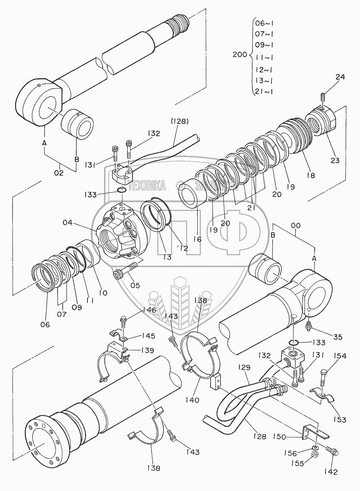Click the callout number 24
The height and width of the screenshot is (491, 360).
340,77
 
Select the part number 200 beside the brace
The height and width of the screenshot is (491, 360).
240,55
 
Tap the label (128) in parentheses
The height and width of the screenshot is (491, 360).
180,121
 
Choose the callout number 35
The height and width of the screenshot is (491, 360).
338,337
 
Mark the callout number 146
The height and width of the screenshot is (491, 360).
149,310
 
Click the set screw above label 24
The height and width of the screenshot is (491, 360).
322,96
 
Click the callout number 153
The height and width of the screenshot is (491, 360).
339,419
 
